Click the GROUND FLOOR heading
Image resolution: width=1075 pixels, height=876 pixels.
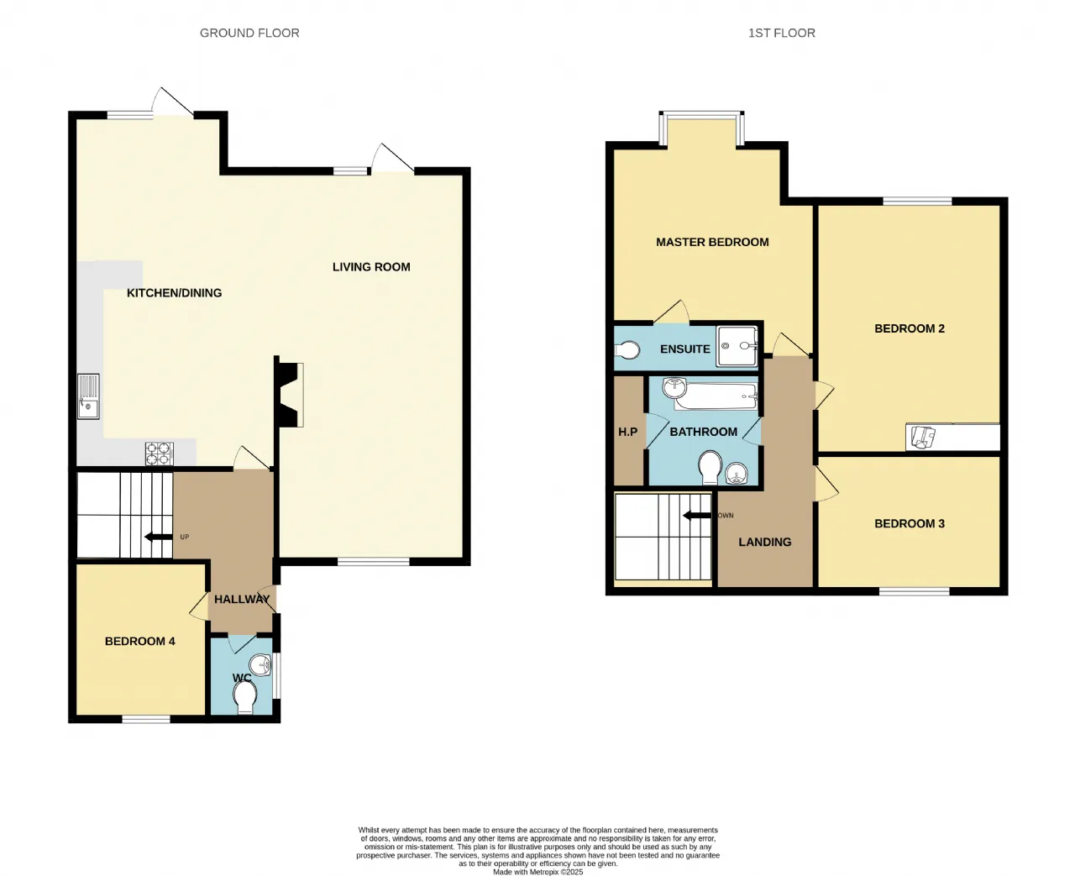pyautogui.click(x=249, y=34)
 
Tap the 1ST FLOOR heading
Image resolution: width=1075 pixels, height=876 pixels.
pyautogui.click(x=781, y=34)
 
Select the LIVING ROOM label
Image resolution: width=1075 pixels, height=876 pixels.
pyautogui.click(x=371, y=267)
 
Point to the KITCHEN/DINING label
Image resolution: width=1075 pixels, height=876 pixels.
pyautogui.click(x=174, y=293)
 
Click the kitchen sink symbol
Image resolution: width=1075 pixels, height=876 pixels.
pyautogui.click(x=88, y=396)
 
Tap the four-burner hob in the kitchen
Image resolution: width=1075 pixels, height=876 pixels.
pyautogui.click(x=160, y=454)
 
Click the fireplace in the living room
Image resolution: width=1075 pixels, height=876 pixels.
pyautogui.click(x=290, y=395)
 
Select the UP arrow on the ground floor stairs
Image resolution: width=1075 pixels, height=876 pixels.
pyautogui.click(x=158, y=537)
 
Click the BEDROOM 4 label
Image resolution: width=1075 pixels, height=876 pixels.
pyautogui.click(x=139, y=642)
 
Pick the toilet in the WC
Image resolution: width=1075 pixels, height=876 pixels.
pyautogui.click(x=245, y=698)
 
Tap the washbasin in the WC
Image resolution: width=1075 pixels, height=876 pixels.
pyautogui.click(x=261, y=664)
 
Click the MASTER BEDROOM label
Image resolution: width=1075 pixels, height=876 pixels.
pyautogui.click(x=712, y=242)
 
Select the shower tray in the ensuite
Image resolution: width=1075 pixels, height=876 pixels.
pyautogui.click(x=737, y=346)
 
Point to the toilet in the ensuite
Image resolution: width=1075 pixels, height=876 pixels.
pyautogui.click(x=627, y=349)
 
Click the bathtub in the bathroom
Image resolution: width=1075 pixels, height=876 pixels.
pyautogui.click(x=716, y=396)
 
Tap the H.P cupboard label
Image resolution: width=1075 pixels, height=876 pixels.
pyautogui.click(x=628, y=432)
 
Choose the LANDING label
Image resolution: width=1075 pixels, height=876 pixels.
pyautogui.click(x=764, y=542)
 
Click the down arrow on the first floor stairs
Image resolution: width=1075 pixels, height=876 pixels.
pyautogui.click(x=697, y=516)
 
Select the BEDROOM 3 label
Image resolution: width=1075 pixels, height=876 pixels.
pyautogui.click(x=910, y=524)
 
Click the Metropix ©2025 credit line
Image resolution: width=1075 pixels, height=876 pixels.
pyautogui.click(x=538, y=872)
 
